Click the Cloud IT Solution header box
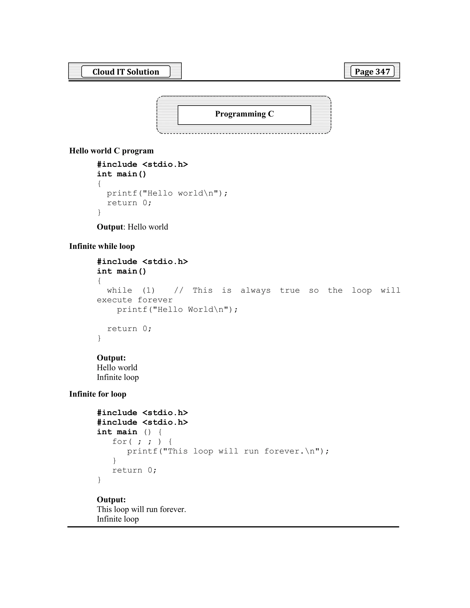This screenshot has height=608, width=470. click(x=126, y=72)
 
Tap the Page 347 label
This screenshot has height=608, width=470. click(x=372, y=71)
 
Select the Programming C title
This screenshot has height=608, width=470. click(x=244, y=114)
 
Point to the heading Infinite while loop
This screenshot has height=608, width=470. click(x=102, y=246)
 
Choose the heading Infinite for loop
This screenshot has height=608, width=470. click(x=98, y=394)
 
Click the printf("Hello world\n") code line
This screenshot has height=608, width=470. click(x=167, y=193)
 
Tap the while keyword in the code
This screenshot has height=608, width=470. click(x=119, y=290)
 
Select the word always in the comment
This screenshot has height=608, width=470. click(x=255, y=290)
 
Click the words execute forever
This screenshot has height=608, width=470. click(x=135, y=300)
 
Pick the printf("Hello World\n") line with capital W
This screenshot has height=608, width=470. click(x=177, y=310)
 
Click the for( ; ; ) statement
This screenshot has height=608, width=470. click(x=142, y=441)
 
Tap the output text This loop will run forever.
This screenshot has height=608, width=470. click(x=141, y=509)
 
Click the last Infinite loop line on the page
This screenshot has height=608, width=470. click(x=118, y=519)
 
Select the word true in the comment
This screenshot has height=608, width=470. click(x=290, y=290)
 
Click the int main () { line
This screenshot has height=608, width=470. click(x=129, y=432)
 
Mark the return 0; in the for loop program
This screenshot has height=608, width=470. click(x=134, y=470)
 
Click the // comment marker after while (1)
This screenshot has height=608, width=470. click(x=179, y=290)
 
